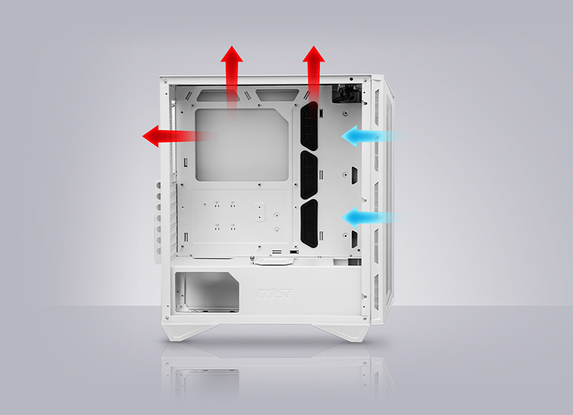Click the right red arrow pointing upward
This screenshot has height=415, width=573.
313,77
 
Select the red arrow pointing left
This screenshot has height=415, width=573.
179,136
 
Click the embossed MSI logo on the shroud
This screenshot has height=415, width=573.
274,293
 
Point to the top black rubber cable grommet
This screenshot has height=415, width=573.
309,126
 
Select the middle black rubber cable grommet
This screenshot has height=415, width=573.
309,175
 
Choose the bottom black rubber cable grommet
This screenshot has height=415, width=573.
309,223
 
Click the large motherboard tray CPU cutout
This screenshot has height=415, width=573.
242,145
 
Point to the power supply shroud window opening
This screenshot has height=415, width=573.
207,292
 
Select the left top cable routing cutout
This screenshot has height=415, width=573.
218,96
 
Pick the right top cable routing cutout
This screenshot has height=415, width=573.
278,95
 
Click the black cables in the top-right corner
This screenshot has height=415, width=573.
346,93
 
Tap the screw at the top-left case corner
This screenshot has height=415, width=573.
165,81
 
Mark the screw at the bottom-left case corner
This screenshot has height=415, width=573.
167,318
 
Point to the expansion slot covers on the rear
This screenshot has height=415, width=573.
158,222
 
